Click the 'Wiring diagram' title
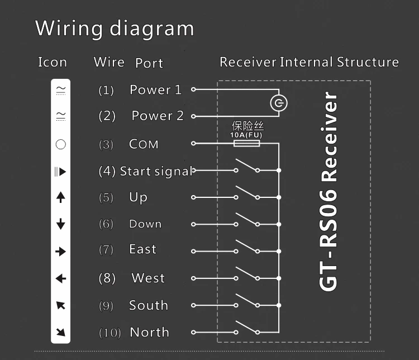click(x=115, y=29)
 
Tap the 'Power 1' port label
click(x=155, y=89)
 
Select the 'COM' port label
click(x=144, y=144)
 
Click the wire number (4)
click(x=107, y=171)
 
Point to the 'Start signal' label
click(x=156, y=172)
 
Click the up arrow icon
click(x=61, y=197)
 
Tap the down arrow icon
click(x=61, y=224)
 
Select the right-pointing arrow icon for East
click(x=61, y=252)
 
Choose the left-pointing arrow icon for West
click(x=61, y=279)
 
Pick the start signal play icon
click(x=60, y=172)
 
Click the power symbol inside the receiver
click(x=279, y=103)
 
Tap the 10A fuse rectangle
click(x=246, y=144)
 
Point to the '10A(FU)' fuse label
click(x=246, y=135)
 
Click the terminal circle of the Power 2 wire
click(x=193, y=116)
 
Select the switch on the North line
click(x=246, y=327)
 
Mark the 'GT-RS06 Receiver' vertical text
click(x=328, y=191)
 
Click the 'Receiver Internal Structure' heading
click(x=309, y=62)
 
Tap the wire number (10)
click(x=110, y=333)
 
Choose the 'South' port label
click(x=149, y=305)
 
